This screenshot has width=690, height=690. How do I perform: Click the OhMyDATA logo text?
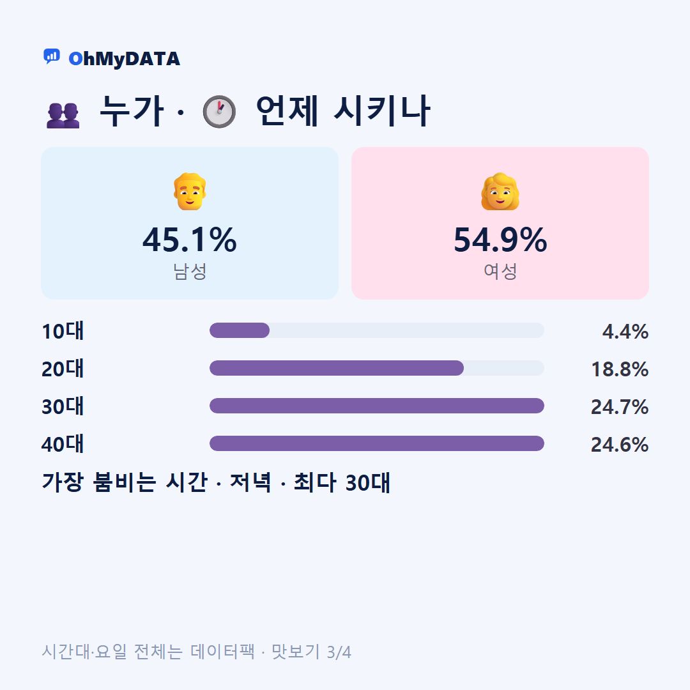[x=124, y=59]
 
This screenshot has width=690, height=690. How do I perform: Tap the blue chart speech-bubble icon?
[x=52, y=56]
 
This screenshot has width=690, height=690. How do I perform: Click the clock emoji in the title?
[x=219, y=111]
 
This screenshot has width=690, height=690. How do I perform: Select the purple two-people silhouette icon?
[x=63, y=116]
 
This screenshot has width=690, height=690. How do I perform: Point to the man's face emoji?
[x=190, y=192]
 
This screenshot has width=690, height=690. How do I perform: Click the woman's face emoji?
[x=500, y=192]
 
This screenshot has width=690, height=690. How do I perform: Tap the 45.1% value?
[x=190, y=240]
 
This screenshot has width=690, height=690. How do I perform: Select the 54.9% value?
[x=500, y=240]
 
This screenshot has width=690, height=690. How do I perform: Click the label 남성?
[x=190, y=271]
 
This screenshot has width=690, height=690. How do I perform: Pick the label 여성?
[x=500, y=271]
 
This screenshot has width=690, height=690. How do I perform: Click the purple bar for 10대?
[x=240, y=330]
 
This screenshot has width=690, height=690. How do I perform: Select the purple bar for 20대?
[x=337, y=368]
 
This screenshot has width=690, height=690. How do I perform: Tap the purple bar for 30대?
[x=377, y=406]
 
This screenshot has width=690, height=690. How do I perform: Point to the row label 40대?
[x=63, y=444]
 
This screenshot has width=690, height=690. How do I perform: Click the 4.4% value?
[x=625, y=332]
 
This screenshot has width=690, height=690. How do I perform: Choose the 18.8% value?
[x=620, y=369]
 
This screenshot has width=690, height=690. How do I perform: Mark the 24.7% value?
[x=620, y=407]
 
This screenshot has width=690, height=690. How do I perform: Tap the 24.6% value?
[x=620, y=445]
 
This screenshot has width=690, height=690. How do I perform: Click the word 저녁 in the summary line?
[x=250, y=482]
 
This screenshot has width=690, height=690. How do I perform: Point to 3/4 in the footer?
[x=339, y=652]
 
